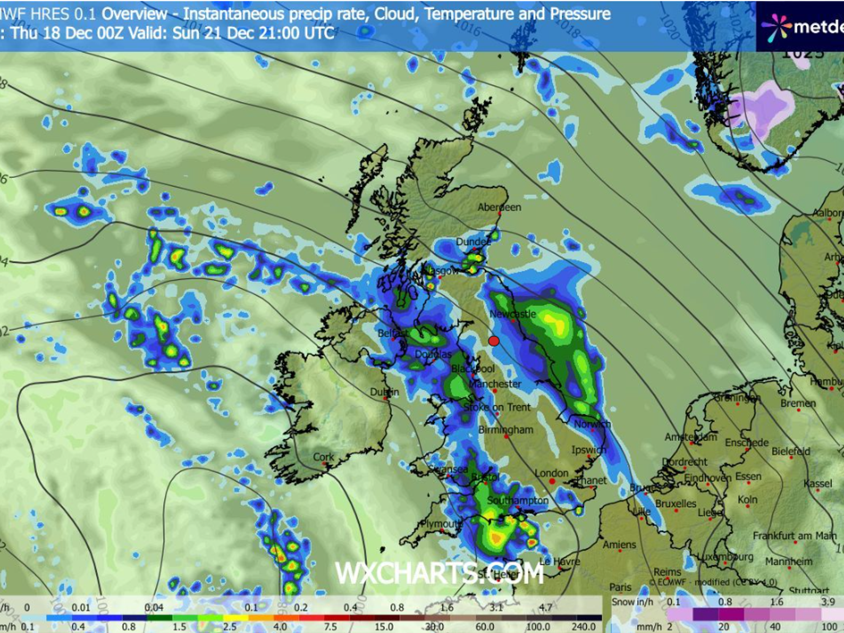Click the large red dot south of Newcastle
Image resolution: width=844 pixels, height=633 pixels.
point(494,341)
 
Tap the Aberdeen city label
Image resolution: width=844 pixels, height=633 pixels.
point(499,207)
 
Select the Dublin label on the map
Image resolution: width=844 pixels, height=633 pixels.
point(384,392)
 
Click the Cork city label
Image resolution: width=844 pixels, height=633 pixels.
point(323,457)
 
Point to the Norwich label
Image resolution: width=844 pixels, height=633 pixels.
point(592,424)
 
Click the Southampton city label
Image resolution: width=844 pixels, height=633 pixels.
point(518,500)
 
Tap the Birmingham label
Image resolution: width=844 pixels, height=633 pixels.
point(506,430)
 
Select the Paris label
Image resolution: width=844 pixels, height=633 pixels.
point(620,587)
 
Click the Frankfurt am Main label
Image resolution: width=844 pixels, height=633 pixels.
point(795,536)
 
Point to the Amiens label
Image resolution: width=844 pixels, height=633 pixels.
point(619,545)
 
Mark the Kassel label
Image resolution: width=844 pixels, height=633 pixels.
point(818,484)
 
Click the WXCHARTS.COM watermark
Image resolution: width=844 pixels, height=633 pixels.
point(439,573)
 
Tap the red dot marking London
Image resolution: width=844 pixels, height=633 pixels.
point(552,481)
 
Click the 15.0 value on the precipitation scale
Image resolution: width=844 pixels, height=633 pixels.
point(384,627)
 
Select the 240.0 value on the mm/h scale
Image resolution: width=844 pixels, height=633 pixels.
point(584,627)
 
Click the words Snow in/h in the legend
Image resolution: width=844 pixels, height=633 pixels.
point(632,602)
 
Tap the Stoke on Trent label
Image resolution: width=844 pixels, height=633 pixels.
point(497,407)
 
